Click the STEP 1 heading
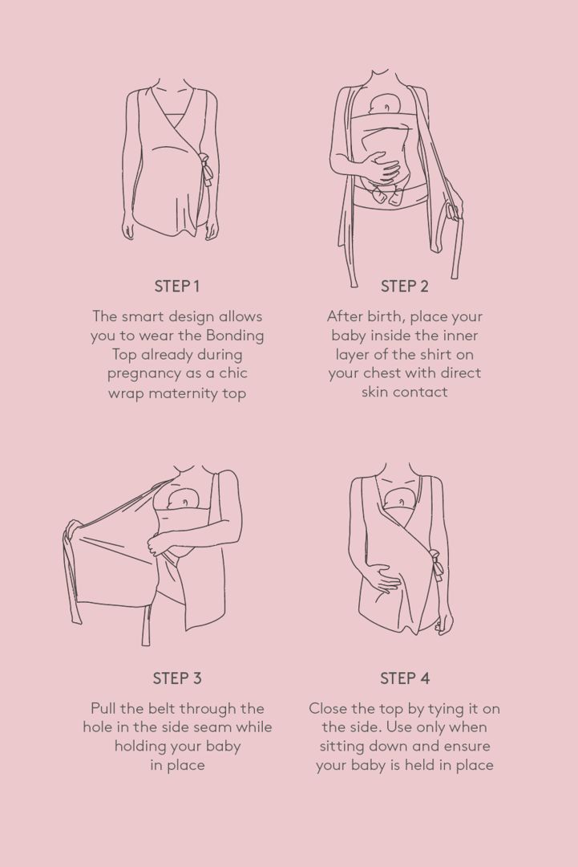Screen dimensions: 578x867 pos(176,287)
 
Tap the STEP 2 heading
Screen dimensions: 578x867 pos(405,287)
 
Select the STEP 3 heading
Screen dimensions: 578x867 pos(177,678)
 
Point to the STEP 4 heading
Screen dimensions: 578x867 pos(405,678)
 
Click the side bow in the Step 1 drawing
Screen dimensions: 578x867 pos(206,169)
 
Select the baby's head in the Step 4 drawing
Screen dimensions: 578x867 pos(401,499)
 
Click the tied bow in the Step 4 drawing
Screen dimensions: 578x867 pos(436,564)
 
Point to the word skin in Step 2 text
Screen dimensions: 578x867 pos(375,392)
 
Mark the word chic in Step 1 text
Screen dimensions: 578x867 pos(233,373)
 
